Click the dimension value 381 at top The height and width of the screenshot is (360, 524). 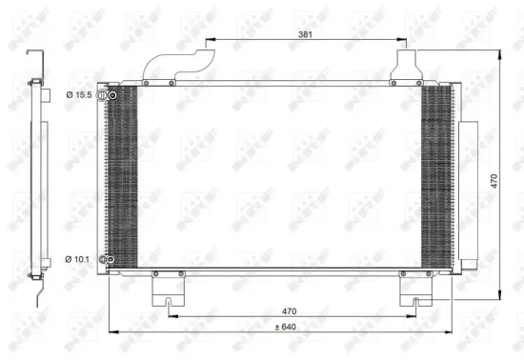click(x=306, y=33)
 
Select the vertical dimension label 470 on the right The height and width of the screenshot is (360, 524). click(x=495, y=181)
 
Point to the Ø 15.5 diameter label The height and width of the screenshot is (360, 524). click(x=78, y=94)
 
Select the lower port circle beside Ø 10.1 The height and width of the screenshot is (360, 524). click(x=111, y=260)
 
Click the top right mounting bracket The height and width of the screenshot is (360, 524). click(x=407, y=65)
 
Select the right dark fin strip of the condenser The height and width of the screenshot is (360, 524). click(x=437, y=176)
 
